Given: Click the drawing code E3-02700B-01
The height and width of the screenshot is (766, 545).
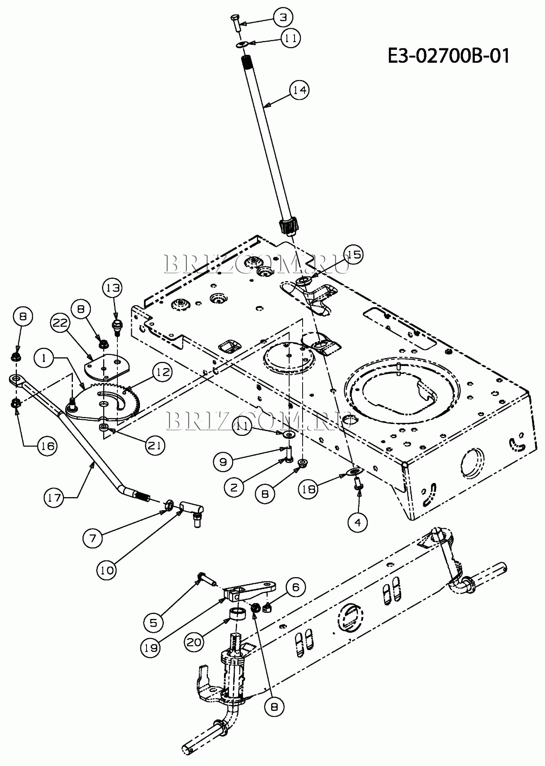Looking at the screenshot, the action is point(449,56).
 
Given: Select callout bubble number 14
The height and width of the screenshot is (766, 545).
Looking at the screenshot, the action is point(300,90).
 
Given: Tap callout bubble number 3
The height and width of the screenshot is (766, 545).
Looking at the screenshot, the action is point(283,17).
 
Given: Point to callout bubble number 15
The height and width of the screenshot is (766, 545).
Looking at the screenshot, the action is point(354,255).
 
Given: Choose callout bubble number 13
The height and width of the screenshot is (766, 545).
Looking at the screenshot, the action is point(113,288).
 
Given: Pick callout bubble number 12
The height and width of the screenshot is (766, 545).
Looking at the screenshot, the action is point(163,372).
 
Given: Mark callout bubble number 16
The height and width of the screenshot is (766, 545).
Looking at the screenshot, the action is point(47,446).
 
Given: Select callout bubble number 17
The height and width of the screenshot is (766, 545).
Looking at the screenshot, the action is point(54,498).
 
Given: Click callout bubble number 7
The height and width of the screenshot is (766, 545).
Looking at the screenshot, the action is point(92,538).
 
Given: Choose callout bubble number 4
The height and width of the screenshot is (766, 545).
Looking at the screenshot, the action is point(358,522).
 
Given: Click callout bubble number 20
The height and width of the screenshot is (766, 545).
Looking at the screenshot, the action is point(194,642).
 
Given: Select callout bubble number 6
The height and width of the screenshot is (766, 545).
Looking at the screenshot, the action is point(296,587).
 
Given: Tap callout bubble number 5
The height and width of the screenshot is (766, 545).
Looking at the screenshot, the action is point(153,623).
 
